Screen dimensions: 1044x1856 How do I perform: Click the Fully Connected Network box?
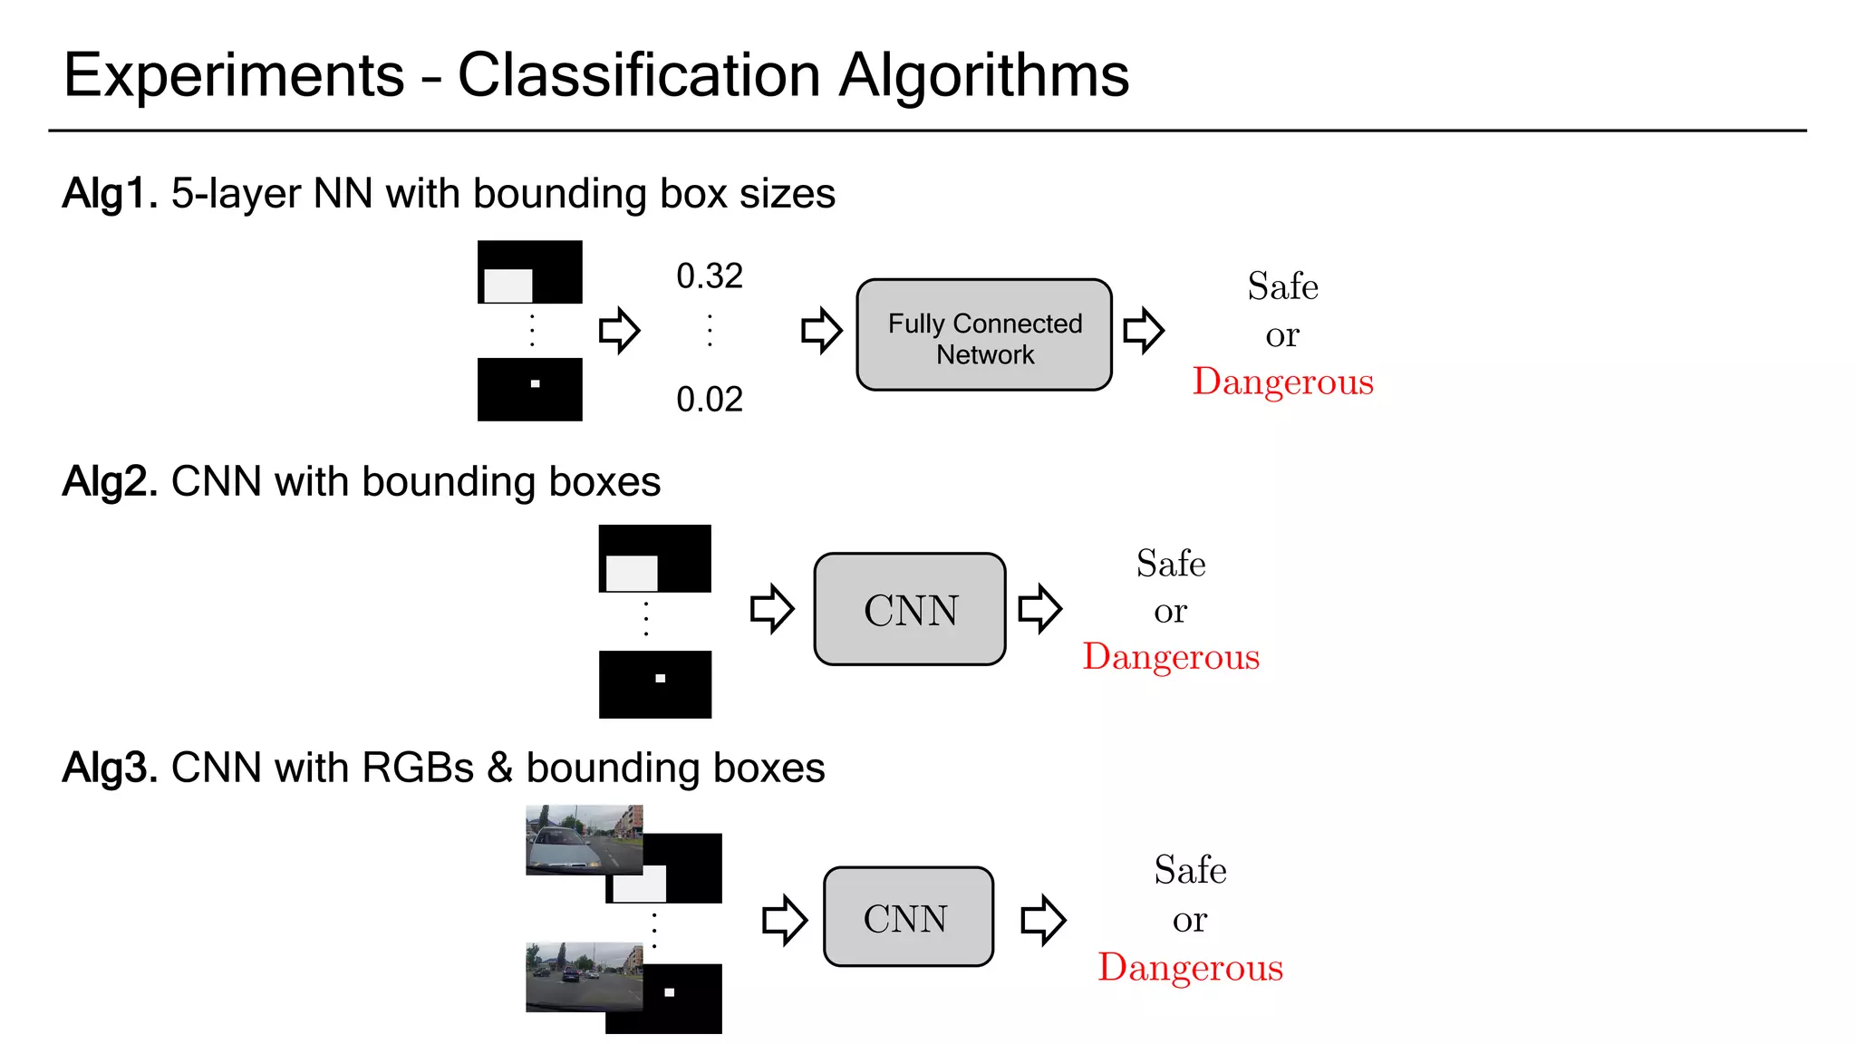(x=984, y=335)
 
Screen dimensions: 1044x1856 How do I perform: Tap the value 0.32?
(x=710, y=276)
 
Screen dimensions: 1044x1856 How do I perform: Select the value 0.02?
(x=710, y=400)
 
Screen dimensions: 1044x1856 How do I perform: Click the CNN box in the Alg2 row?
(x=910, y=610)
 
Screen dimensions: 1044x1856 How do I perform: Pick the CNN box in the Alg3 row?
(x=908, y=917)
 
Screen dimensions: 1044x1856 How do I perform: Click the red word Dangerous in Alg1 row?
(x=1282, y=382)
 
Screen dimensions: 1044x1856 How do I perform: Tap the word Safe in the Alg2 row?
(x=1171, y=564)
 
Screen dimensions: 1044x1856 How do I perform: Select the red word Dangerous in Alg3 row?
(x=1190, y=968)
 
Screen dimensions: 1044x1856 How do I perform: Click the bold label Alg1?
(x=110, y=194)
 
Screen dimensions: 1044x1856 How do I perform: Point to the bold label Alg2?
(x=110, y=482)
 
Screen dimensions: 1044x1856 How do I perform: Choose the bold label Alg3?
(x=110, y=768)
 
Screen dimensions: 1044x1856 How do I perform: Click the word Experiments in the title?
(x=234, y=75)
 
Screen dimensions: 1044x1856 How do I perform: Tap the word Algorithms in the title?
(x=984, y=75)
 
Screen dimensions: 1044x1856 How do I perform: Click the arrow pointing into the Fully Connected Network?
(x=821, y=330)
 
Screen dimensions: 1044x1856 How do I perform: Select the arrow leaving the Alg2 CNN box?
(x=1039, y=608)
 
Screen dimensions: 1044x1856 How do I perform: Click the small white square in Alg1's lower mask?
(x=535, y=384)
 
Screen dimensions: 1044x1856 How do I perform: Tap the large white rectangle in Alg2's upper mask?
(x=632, y=573)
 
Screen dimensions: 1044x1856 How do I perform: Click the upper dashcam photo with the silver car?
(x=584, y=839)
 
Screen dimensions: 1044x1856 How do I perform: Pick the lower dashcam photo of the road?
(x=584, y=976)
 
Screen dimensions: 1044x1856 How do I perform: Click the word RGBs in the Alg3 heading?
(x=418, y=768)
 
